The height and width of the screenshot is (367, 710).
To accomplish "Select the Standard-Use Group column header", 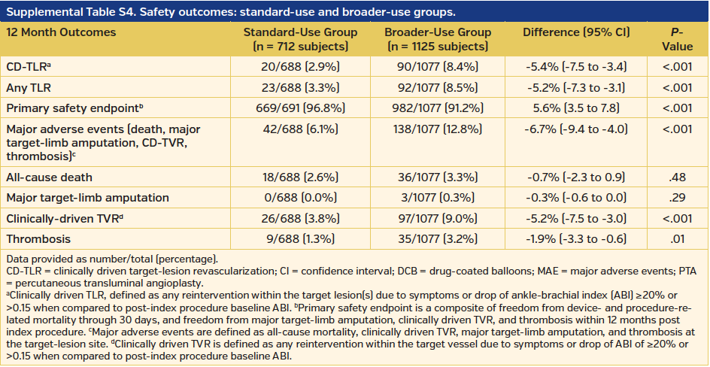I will tap(291, 39).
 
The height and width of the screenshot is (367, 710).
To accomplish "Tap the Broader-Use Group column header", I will tap(437, 39).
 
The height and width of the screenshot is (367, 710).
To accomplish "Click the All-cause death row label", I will tap(50, 177).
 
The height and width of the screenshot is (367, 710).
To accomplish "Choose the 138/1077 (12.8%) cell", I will tap(437, 129).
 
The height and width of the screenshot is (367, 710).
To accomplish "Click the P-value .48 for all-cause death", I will tap(678, 177).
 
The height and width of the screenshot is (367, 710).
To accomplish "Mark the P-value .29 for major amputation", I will tap(678, 197).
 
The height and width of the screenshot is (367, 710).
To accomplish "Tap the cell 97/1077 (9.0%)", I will tap(437, 217).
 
